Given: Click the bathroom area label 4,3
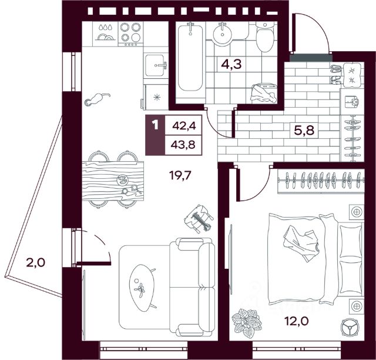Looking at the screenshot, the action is pyautogui.click(x=231, y=65).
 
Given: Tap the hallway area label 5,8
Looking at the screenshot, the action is pyautogui.click(x=304, y=131).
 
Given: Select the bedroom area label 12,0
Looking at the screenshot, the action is pyautogui.click(x=296, y=321).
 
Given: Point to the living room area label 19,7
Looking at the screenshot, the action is pyautogui.click(x=180, y=175).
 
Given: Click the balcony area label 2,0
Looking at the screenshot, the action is pyautogui.click(x=35, y=263).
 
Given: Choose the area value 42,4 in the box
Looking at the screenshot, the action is pyautogui.click(x=184, y=126).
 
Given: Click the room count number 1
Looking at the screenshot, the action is pyautogui.click(x=155, y=125).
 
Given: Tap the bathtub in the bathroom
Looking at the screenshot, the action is pyautogui.click(x=190, y=57).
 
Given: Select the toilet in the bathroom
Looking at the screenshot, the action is pyautogui.click(x=265, y=36).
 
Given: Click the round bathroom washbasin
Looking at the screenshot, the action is pyautogui.click(x=223, y=35).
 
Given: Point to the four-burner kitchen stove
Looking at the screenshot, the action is pyautogui.click(x=130, y=34).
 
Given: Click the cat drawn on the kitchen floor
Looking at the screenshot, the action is pyautogui.click(x=96, y=99).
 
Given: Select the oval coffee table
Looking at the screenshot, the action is pyautogui.click(x=142, y=288).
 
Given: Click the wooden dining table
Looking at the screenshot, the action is pyautogui.click(x=113, y=181).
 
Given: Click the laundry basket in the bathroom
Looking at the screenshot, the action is pyautogui.click(x=264, y=93).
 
